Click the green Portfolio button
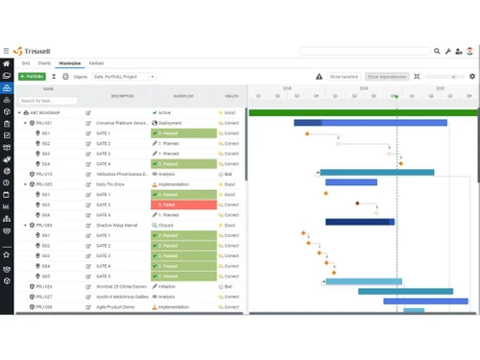(32, 76)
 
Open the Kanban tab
(96, 62)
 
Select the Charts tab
(44, 62)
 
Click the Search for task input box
(48, 100)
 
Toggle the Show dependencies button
(387, 76)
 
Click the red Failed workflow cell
(183, 204)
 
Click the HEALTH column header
(231, 95)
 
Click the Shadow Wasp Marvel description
(123, 225)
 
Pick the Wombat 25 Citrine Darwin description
(123, 286)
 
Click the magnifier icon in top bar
(437, 51)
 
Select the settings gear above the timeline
(471, 76)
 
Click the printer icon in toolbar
(65, 76)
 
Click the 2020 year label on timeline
(440, 88)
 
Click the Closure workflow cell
(183, 225)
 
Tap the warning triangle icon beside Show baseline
(320, 76)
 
